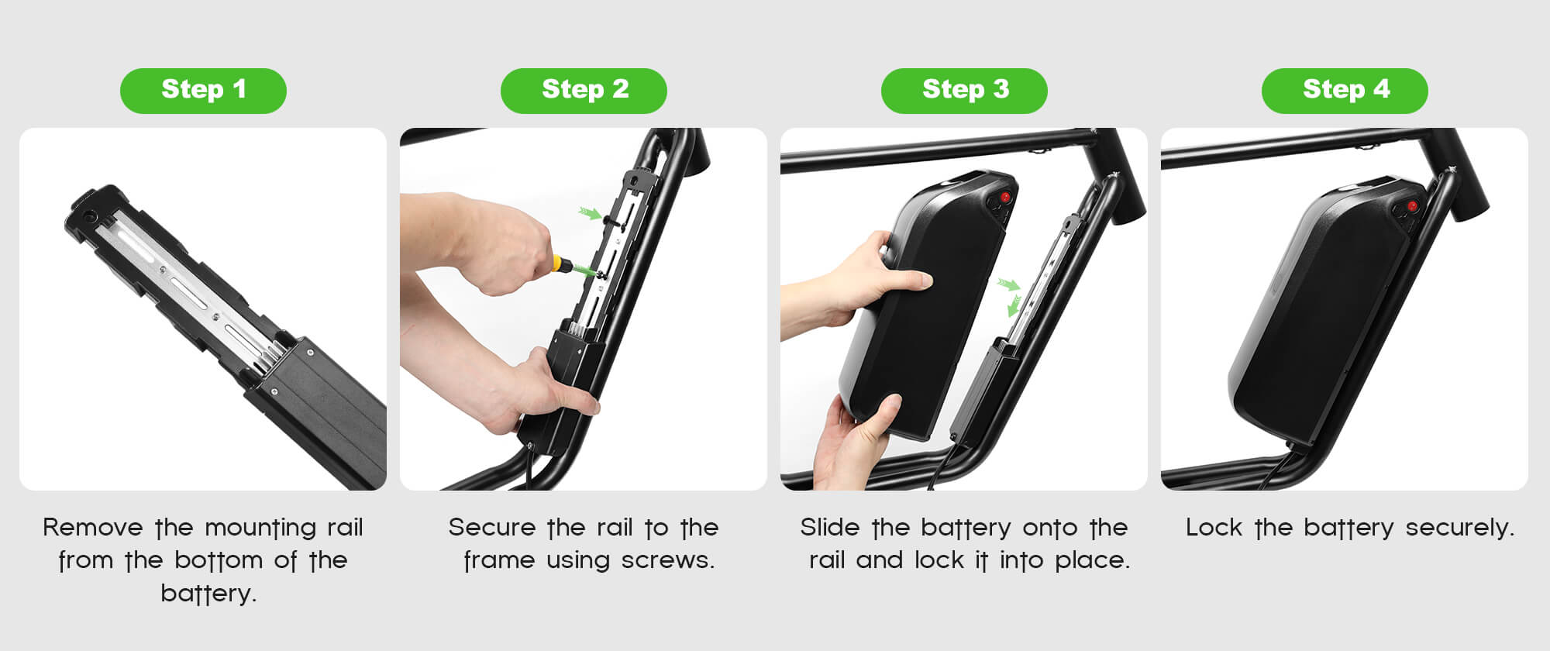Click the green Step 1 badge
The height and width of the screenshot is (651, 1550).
tap(203, 91)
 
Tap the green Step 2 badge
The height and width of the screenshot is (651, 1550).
tap(584, 91)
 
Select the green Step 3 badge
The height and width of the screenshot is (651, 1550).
tap(964, 91)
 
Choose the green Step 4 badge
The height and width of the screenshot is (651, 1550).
tap(1345, 91)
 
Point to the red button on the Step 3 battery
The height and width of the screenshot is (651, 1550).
tap(1004, 198)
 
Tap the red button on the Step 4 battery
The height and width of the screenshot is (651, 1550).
tap(1413, 206)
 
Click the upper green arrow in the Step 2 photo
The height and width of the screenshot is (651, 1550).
tap(591, 212)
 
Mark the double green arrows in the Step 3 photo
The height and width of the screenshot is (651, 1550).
tap(1010, 296)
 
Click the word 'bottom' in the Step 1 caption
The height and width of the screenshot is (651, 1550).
tap(218, 560)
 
